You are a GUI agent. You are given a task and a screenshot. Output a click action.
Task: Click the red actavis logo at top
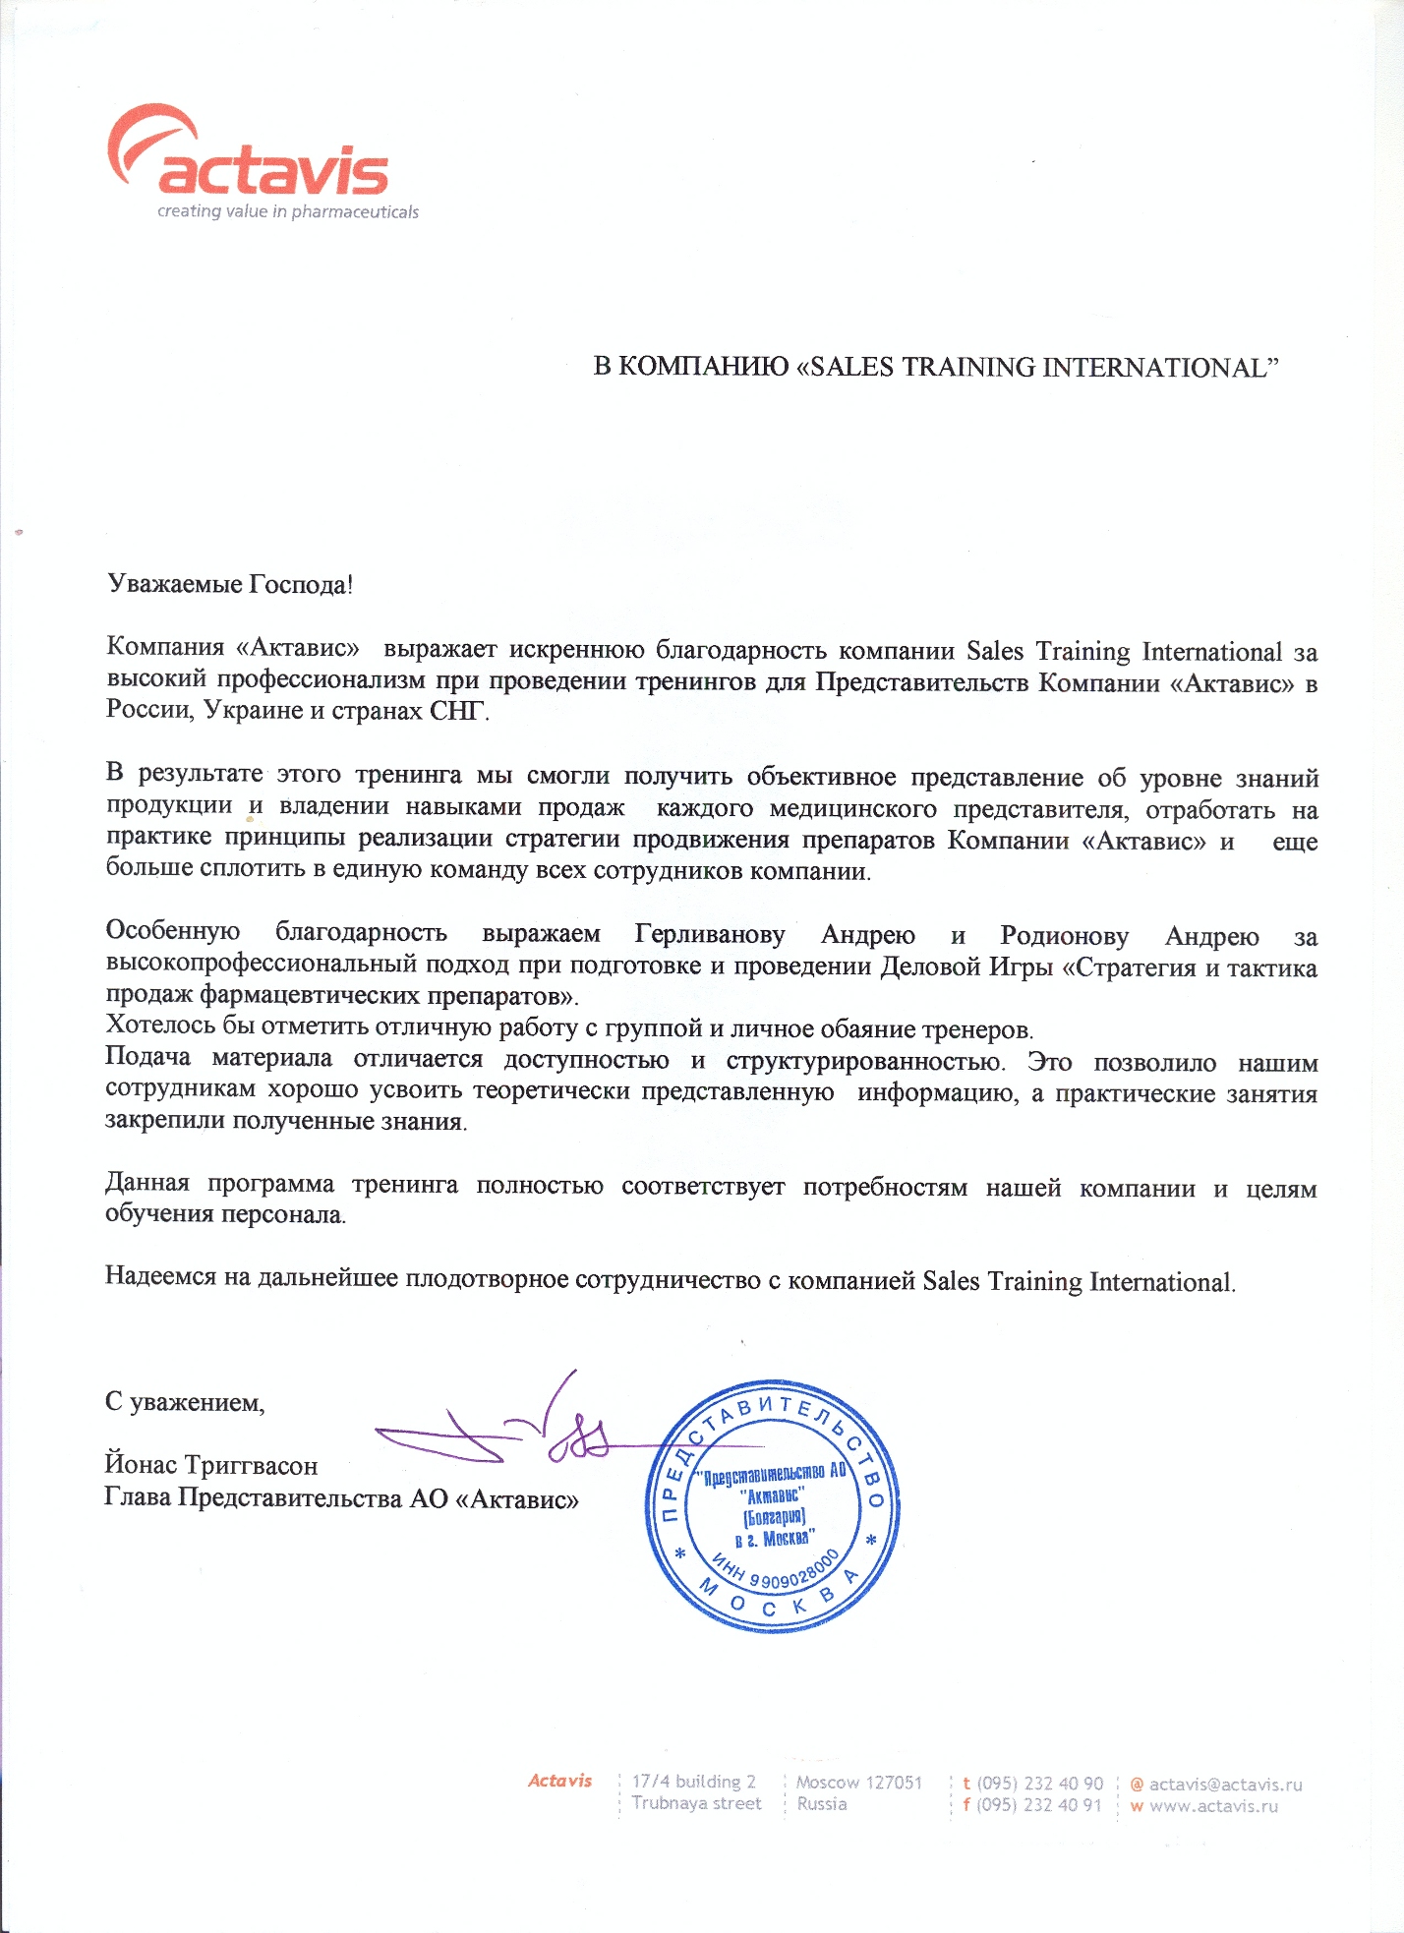[x=250, y=157]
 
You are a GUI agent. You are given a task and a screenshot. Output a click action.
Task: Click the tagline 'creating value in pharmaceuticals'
[x=288, y=211]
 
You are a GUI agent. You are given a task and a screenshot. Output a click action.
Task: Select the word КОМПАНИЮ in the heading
[x=704, y=367]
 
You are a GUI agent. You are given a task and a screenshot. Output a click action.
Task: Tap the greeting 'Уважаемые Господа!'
[x=230, y=584]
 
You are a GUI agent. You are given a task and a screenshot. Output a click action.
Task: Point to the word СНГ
[x=457, y=710]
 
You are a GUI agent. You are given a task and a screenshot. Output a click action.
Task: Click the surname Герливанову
[x=709, y=934]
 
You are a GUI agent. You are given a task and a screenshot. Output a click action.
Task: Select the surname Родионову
[x=1064, y=935]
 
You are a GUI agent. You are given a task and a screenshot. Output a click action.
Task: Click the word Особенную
[x=173, y=931]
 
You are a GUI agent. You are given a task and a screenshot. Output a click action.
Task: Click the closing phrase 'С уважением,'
[x=185, y=1401]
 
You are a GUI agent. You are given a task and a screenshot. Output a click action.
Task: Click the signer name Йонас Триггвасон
[x=211, y=1465]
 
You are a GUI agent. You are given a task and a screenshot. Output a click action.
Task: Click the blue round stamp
[x=772, y=1505]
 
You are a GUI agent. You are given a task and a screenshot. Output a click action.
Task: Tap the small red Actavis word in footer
[x=559, y=1781]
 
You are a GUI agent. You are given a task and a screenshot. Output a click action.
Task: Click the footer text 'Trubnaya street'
[x=696, y=1803]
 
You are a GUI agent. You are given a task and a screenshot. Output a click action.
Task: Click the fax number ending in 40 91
[x=1039, y=1805]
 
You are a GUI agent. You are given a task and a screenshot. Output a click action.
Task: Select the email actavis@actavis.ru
[x=1225, y=1784]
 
